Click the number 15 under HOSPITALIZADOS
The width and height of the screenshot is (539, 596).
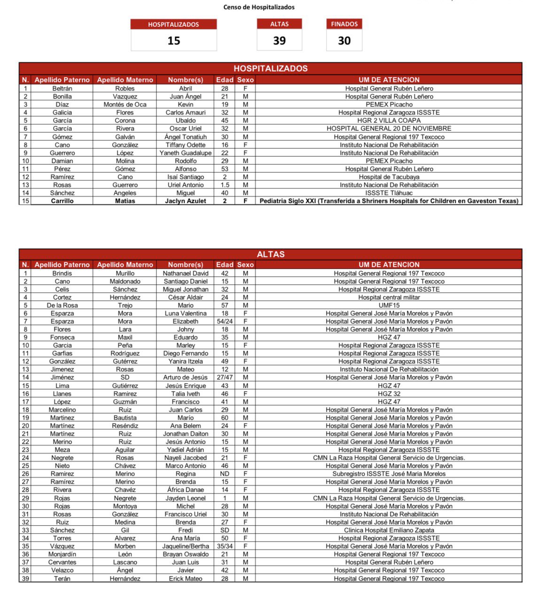tap(174, 41)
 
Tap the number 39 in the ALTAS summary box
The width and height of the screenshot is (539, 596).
tap(279, 41)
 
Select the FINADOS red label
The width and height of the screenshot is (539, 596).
tap(344, 24)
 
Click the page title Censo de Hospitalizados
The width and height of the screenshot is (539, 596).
tap(259, 7)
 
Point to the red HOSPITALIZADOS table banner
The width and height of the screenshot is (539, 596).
tap(271, 68)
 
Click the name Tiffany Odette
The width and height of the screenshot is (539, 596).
tap(186, 145)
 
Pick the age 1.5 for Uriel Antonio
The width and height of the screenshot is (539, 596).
tap(225, 185)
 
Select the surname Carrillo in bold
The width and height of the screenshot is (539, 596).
tap(62, 201)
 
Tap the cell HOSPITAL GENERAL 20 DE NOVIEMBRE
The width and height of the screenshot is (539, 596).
tap(389, 128)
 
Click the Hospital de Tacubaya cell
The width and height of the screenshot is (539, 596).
tap(389, 177)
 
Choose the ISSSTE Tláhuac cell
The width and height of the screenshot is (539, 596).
tap(389, 193)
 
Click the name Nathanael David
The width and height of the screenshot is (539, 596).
tap(186, 273)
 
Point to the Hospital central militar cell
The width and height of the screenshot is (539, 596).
tap(389, 297)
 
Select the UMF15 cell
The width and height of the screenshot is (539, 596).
tap(389, 305)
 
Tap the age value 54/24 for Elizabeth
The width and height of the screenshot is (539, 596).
tap(225, 321)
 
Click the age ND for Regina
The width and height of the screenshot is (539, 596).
tap(225, 474)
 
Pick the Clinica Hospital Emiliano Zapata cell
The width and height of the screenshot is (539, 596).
tap(389, 530)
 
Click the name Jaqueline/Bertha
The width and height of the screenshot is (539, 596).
tap(186, 546)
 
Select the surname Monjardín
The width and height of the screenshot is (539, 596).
tap(62, 554)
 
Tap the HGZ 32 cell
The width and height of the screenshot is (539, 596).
tap(389, 394)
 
